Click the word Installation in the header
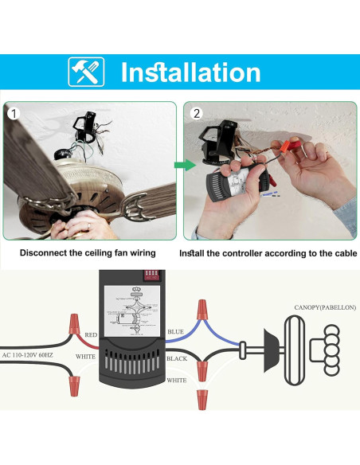190,72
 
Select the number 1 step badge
13,113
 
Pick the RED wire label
92,336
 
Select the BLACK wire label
178,359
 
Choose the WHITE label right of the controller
178,381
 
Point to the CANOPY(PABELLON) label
326,307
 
